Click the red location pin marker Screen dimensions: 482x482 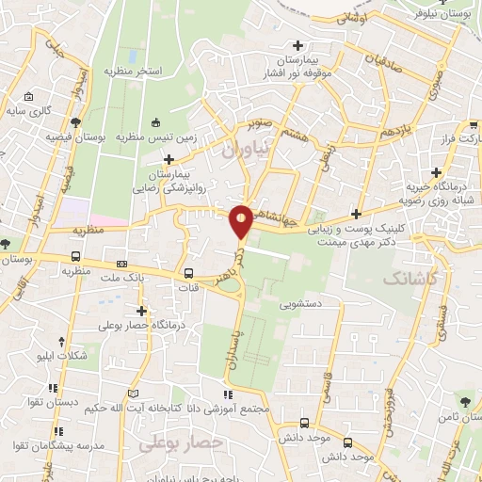tap(242, 220)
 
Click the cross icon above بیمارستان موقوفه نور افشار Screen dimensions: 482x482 tap(298, 44)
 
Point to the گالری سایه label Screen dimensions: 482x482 tap(42, 111)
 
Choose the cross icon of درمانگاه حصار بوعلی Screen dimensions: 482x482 tap(142, 311)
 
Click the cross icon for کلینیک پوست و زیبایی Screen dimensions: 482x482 tap(355, 214)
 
